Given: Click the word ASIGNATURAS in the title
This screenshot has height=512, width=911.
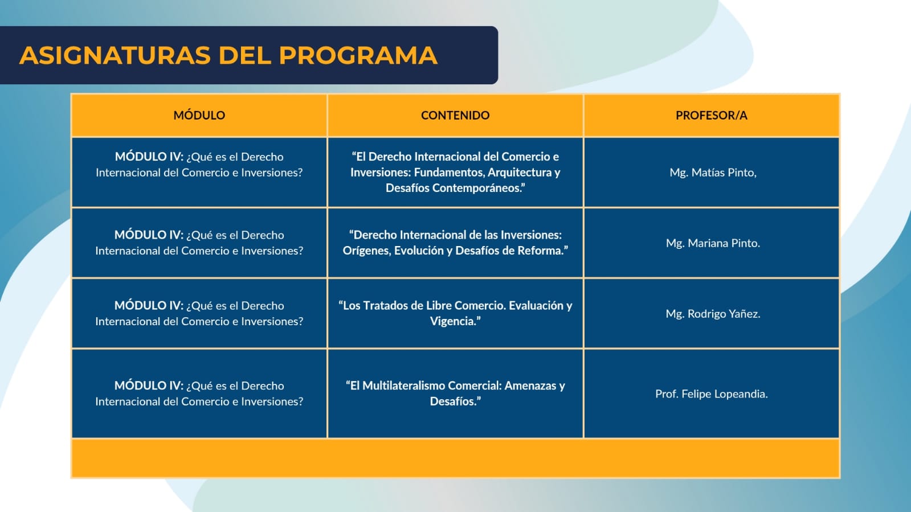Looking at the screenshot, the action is (x=115, y=55).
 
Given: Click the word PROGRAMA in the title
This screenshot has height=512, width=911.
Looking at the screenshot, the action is (x=358, y=55).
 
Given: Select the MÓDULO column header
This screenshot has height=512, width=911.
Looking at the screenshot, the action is (x=199, y=115).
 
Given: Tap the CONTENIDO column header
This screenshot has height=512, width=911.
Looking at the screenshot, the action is (x=455, y=115).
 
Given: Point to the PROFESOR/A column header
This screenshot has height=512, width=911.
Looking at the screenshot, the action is (x=712, y=115).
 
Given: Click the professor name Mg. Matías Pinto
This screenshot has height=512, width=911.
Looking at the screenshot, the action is (x=713, y=173).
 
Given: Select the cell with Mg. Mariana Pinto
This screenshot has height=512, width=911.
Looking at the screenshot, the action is (x=713, y=243).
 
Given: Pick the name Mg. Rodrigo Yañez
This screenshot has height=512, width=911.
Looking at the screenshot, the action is (x=713, y=314).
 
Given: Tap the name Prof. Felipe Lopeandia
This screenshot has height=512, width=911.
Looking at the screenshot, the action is (x=712, y=394).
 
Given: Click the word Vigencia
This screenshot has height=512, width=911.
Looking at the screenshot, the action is (x=455, y=321).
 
